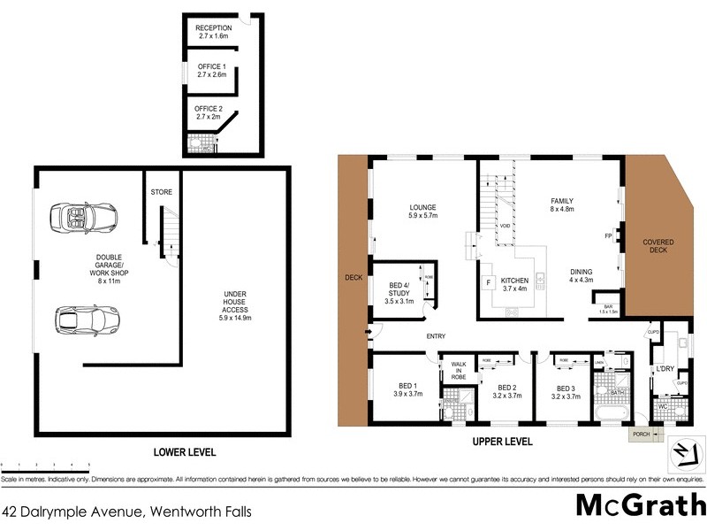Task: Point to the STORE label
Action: [x=162, y=192]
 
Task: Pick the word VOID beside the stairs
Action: [x=505, y=227]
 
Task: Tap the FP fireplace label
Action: [x=608, y=236]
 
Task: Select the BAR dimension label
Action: [x=608, y=309]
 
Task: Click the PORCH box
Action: [x=641, y=434]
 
